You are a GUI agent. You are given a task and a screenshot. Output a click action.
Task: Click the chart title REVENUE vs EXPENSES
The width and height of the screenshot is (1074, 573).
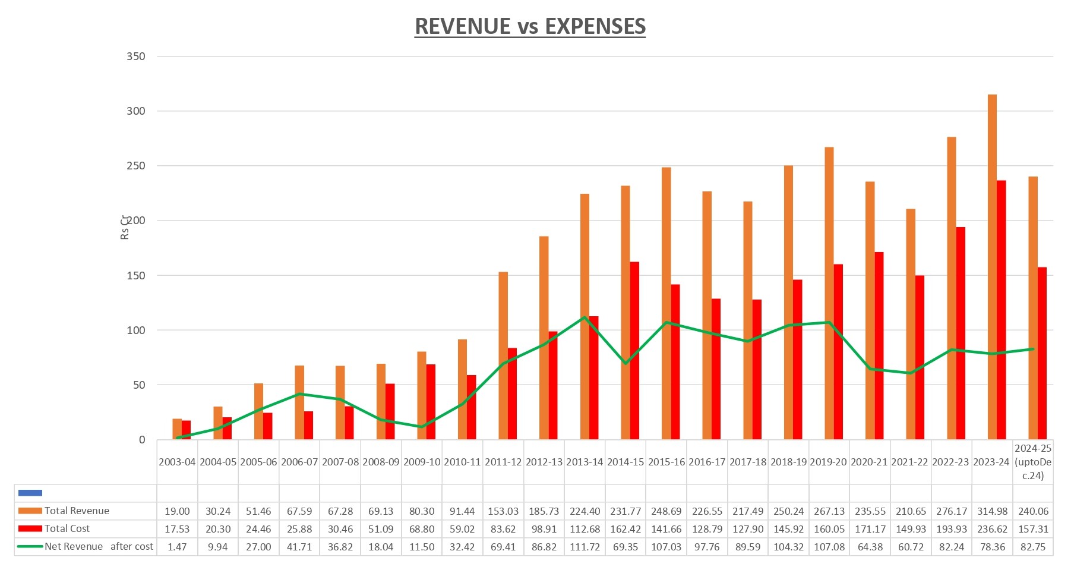(530, 27)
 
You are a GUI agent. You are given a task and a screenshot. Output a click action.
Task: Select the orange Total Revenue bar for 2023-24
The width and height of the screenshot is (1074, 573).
(992, 267)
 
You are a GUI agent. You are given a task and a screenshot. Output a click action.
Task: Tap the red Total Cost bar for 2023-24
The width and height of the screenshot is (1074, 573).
(1002, 309)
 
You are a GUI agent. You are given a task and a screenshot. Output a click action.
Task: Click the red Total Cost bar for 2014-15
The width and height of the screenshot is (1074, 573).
(634, 351)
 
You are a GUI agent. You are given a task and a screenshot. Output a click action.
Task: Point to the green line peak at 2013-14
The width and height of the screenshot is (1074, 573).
(585, 317)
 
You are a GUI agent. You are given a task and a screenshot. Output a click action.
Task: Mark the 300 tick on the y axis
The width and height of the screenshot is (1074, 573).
(135, 111)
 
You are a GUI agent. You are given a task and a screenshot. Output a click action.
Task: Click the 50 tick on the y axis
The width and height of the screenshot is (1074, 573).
(138, 385)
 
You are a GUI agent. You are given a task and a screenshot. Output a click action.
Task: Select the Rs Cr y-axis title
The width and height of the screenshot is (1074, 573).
(125, 227)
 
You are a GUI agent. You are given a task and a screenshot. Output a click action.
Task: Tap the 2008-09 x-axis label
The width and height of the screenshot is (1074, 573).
(381, 462)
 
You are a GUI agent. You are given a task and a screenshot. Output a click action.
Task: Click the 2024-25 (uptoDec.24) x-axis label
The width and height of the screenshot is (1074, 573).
(1033, 462)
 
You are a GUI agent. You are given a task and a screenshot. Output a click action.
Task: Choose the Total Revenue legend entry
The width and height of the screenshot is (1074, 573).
(76, 511)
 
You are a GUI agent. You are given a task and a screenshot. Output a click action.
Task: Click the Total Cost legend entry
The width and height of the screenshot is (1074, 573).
(67, 528)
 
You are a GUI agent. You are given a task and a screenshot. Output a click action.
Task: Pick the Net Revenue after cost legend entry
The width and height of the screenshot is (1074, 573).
(98, 546)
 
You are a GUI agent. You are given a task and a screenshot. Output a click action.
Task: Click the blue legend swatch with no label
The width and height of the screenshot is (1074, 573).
(30, 493)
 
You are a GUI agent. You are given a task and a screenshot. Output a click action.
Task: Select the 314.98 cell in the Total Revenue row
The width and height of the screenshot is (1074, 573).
(992, 511)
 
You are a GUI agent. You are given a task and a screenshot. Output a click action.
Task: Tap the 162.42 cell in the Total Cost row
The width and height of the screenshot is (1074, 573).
(626, 529)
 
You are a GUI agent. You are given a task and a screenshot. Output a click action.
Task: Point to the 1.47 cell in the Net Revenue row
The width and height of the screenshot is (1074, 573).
(177, 547)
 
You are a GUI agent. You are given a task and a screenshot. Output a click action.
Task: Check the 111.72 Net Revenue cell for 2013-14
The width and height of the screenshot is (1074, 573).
(585, 547)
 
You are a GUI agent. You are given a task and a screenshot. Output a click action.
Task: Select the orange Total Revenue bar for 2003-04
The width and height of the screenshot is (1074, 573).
(176, 429)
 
